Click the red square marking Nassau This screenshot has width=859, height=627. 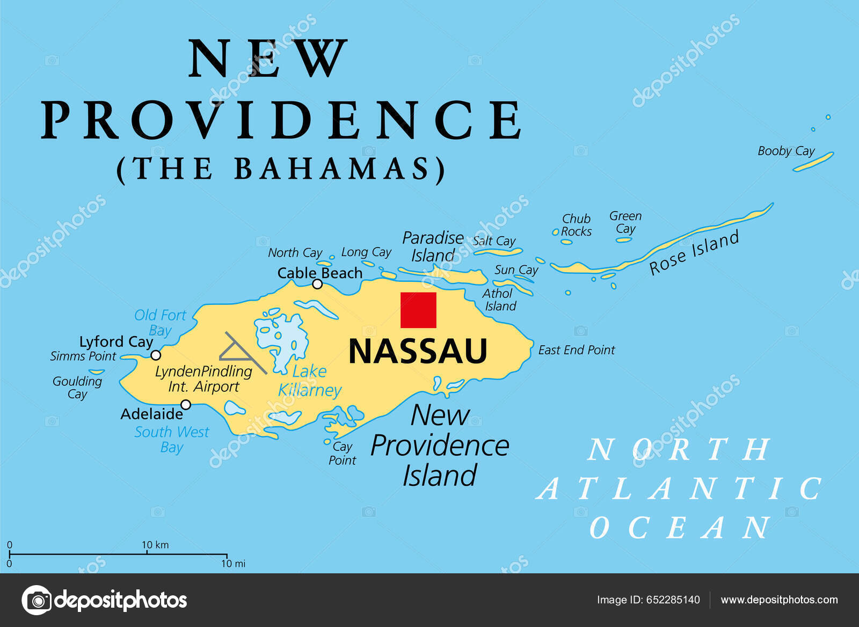coord(418,310)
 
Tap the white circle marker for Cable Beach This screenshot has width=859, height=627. coord(317,284)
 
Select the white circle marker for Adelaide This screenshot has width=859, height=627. coord(186,404)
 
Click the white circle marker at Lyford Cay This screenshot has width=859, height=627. coord(156,355)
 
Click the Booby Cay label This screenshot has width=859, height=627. coord(786,151)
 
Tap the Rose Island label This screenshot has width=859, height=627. coord(694,252)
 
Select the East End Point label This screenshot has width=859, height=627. coord(576,350)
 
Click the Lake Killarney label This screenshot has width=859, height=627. coord(310,381)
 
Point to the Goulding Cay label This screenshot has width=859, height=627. coord(77,387)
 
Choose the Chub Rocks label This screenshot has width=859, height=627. coord(576,225)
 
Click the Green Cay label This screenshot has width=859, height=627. coord(625,222)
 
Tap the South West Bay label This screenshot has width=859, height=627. coord(172,439)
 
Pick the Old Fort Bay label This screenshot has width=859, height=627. coord(160,322)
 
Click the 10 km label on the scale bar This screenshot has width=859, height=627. coord(155,545)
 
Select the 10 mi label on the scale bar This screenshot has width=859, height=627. coord(233,564)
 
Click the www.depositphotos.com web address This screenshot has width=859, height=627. coord(779,600)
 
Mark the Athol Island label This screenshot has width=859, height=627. coord(499,300)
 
